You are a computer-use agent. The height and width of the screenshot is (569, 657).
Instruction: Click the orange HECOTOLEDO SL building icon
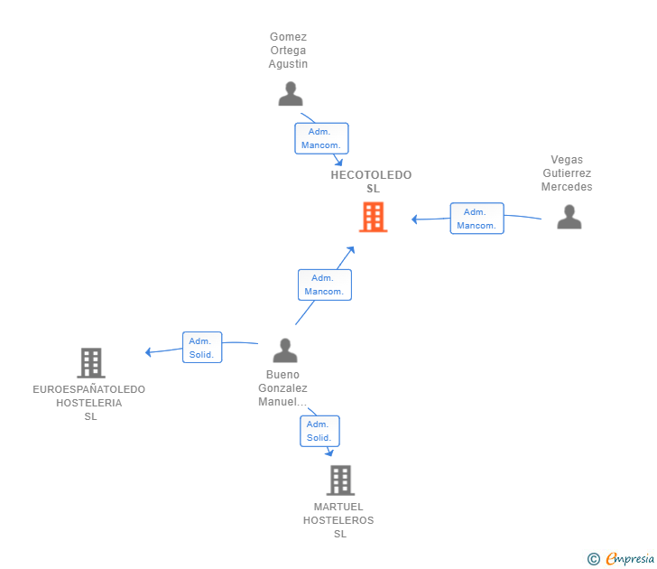point(373,217)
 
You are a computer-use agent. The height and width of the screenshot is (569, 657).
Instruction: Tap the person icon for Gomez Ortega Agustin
point(291,94)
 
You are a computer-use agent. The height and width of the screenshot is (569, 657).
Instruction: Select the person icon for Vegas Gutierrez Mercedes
point(569,217)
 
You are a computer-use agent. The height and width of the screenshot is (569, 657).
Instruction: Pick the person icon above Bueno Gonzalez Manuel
point(285,350)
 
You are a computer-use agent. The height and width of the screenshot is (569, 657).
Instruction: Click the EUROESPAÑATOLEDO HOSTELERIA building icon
point(91,363)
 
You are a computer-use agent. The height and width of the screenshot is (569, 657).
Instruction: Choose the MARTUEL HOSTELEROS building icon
point(340,480)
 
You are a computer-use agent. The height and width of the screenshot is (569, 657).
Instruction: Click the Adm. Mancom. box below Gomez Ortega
point(321,138)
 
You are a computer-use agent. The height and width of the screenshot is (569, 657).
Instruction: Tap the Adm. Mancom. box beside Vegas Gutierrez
point(477,219)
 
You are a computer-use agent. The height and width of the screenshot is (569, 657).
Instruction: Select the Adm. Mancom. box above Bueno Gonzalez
point(325,284)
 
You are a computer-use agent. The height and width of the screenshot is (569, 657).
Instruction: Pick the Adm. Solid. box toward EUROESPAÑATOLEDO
point(202,347)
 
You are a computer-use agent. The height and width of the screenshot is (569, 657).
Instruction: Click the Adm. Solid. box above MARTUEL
point(319,431)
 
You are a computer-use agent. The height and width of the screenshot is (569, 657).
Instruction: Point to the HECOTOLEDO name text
point(371,175)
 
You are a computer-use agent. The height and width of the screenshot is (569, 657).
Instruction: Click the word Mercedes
point(567,187)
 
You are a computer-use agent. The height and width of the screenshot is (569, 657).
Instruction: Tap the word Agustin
point(288,64)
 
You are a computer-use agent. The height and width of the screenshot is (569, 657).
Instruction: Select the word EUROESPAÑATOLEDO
point(88,389)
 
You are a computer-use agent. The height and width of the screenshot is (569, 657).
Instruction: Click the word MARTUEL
point(338,507)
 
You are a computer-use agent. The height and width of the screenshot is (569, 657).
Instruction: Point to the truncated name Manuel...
point(282,402)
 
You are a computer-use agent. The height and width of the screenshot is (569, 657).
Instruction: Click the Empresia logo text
point(630,559)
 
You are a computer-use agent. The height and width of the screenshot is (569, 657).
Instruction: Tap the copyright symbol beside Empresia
point(593,559)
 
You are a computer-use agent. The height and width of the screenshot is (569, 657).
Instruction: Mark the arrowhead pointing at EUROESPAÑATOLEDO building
point(148,352)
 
